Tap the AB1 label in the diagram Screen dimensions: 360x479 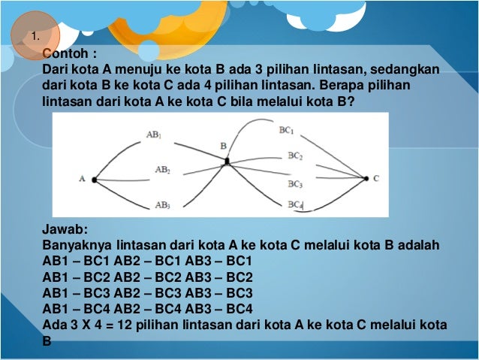(x=154, y=136)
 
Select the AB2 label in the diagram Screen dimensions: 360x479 (x=163, y=170)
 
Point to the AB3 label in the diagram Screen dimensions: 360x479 (x=163, y=204)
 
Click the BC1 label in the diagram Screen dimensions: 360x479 (x=286, y=130)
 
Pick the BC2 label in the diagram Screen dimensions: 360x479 (x=294, y=156)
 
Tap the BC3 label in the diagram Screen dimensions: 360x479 (x=294, y=183)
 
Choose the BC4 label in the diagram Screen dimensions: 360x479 (x=294, y=204)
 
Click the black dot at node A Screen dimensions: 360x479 (x=95, y=180)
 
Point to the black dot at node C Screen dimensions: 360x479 (x=366, y=178)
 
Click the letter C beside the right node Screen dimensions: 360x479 (x=376, y=178)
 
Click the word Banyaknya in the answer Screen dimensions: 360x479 (x=76, y=246)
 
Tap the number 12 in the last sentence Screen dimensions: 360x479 (x=122, y=324)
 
